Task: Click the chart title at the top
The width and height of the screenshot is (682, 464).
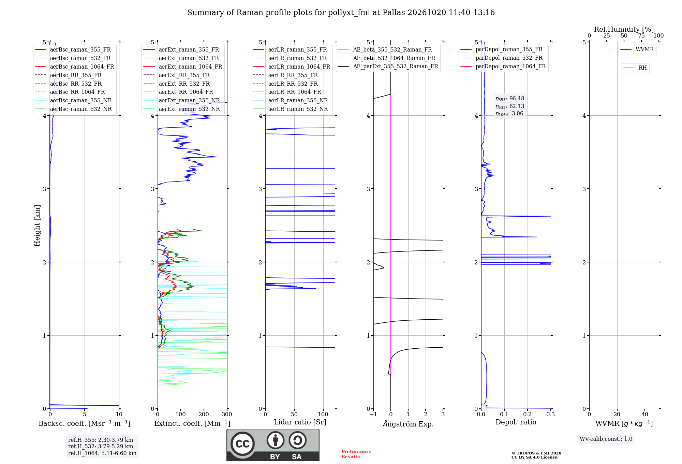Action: pos(341,13)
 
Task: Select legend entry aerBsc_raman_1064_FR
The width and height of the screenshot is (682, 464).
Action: pos(75,67)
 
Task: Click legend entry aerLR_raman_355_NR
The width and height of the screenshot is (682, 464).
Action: pos(291,100)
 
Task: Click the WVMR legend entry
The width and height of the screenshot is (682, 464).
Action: pos(637,49)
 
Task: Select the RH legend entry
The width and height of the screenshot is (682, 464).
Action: pos(635,68)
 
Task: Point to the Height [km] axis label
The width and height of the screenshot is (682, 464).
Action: pos(37,226)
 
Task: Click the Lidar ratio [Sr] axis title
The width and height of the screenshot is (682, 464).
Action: pos(300,422)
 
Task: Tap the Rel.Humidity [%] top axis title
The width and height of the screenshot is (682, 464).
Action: pos(624,29)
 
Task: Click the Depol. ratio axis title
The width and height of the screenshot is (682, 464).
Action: pos(516,422)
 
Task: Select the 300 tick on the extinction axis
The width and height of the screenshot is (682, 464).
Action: pos(227,414)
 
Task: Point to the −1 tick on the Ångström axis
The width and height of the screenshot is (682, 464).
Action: pos(373,414)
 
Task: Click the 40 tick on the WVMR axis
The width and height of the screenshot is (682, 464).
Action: pos(645,414)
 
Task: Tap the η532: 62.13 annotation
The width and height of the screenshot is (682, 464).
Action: pos(510,106)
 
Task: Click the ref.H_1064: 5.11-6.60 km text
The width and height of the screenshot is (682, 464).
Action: pos(102,453)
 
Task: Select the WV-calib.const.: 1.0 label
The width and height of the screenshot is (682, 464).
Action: pos(606,439)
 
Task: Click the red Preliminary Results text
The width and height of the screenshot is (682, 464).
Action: pos(356,454)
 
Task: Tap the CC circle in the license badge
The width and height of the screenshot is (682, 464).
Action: pos(242,444)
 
